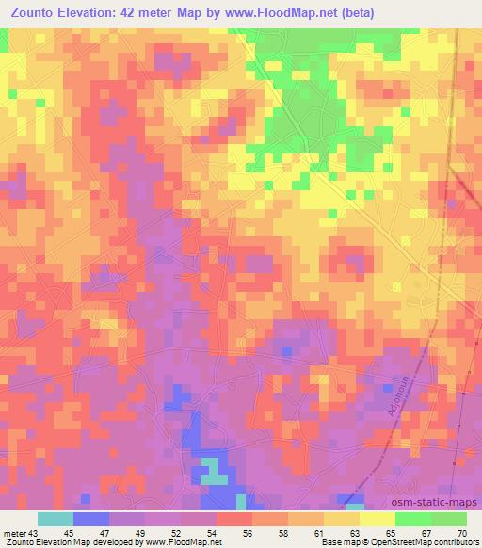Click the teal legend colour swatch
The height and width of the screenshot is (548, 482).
(x=56, y=519)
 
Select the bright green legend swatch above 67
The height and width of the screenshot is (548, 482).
(x=413, y=519)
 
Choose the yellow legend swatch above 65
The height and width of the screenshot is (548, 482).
(x=378, y=519)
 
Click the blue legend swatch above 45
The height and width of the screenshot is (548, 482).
(x=91, y=519)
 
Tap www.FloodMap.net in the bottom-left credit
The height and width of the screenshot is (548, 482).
(x=180, y=542)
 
